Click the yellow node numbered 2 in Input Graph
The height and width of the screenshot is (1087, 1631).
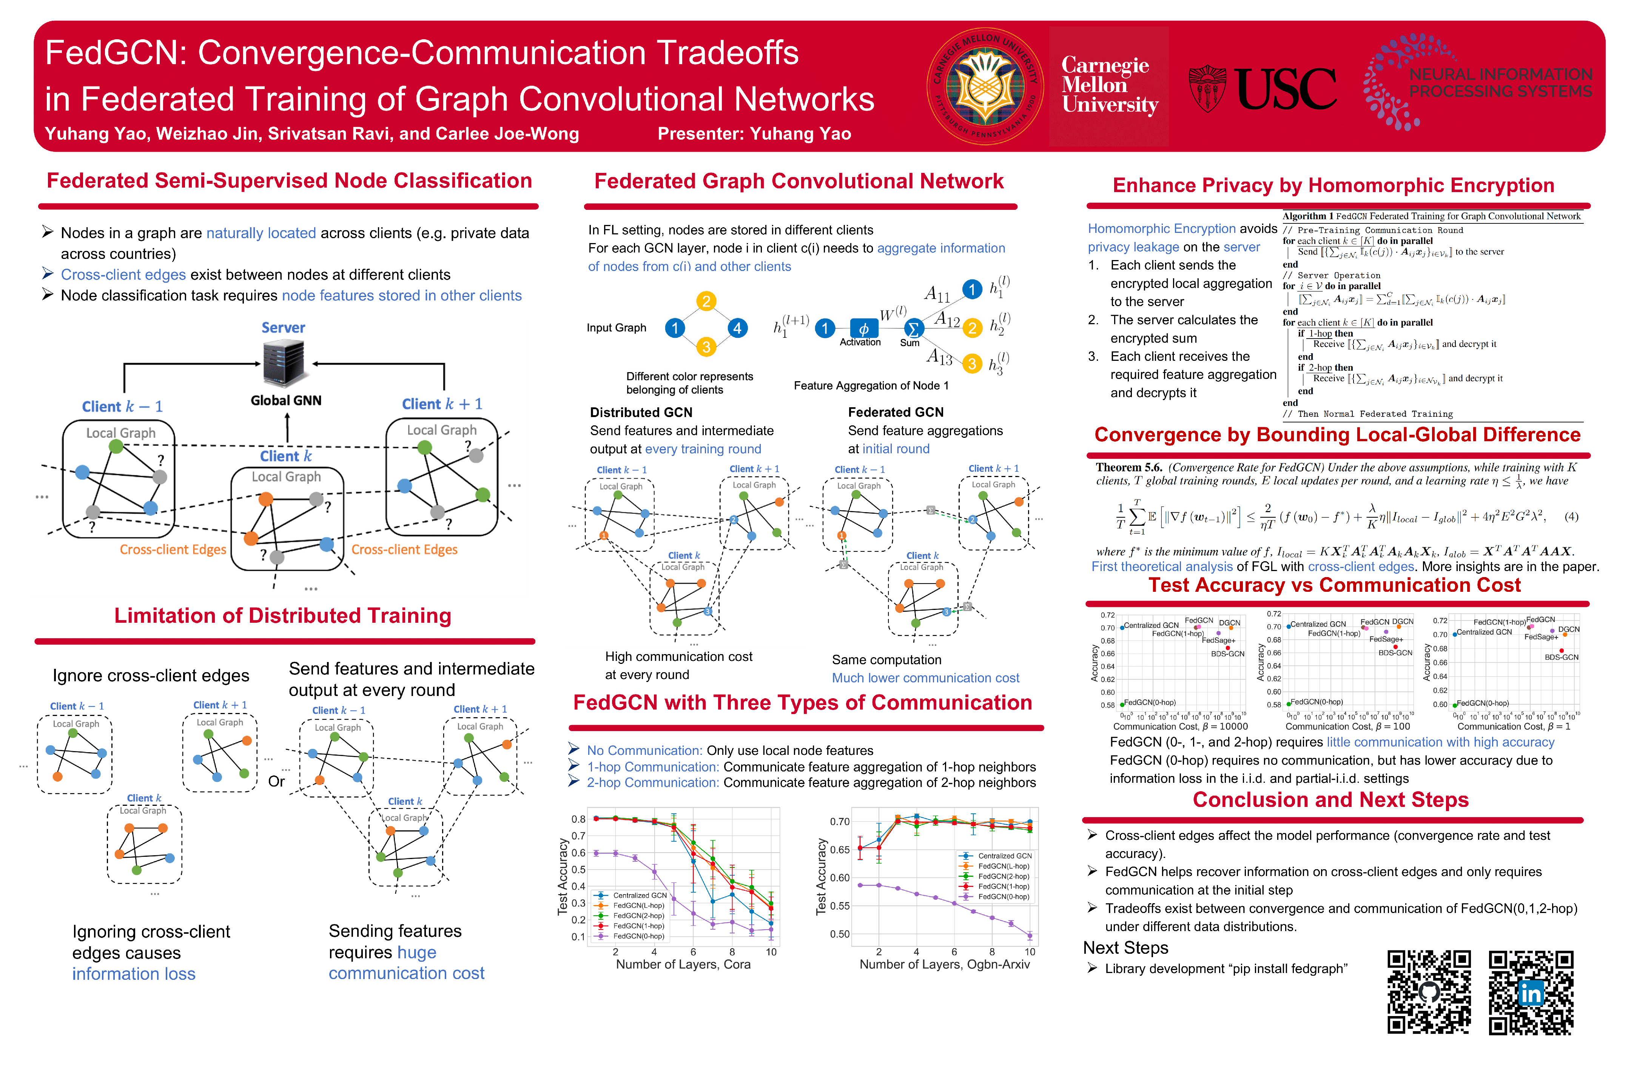point(706,301)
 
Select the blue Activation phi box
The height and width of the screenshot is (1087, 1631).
point(863,329)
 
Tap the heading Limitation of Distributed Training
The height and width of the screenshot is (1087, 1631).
point(282,616)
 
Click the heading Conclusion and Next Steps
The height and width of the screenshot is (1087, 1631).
point(1330,799)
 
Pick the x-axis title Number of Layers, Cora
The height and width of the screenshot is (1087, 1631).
point(683,964)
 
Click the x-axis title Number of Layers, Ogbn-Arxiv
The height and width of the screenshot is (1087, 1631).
point(945,964)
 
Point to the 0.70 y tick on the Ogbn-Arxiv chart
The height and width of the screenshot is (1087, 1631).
point(840,822)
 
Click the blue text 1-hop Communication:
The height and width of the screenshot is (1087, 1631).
point(652,767)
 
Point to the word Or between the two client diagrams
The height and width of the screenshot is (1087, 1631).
point(276,781)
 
